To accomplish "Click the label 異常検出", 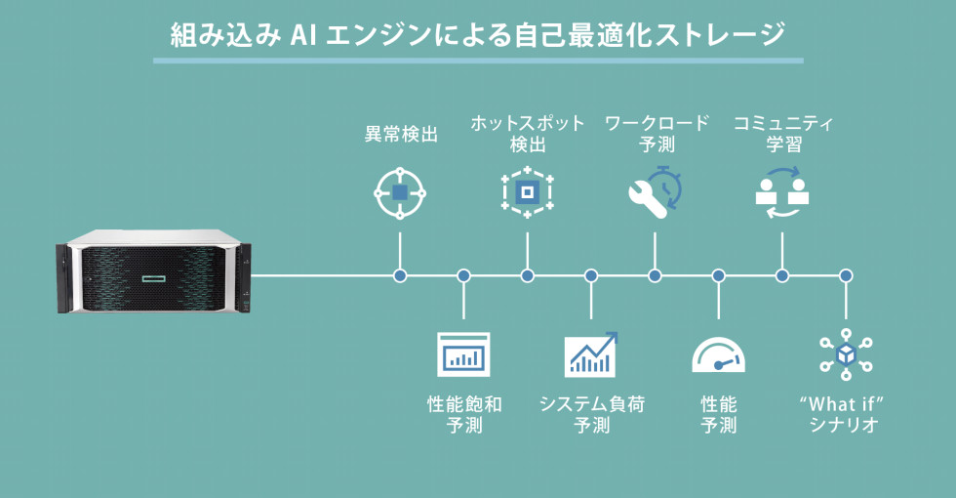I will coord(400,135).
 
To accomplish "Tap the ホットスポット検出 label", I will coord(528,135).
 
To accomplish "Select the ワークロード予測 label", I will coord(656,135).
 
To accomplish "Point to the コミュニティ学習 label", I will coord(783,135).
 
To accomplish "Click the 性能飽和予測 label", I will coord(464,414).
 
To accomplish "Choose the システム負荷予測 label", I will coord(591,414).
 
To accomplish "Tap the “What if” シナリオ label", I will coord(845,414).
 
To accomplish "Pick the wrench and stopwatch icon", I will coord(655,192).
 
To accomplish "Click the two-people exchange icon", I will coord(782,191).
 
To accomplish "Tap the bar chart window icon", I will coord(463,355).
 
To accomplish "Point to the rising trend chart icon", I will coord(591,354).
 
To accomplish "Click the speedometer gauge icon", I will coord(718,356).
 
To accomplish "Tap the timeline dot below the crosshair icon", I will coord(400,276).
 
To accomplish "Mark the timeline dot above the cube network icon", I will coord(846,276).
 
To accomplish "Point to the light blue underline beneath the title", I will coord(478,61).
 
